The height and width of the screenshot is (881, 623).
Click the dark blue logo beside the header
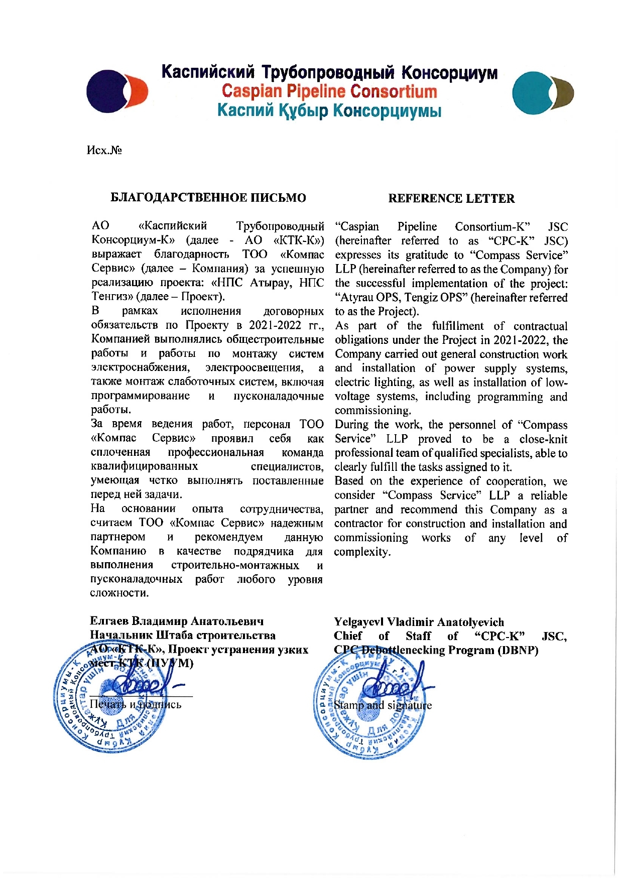(116, 91)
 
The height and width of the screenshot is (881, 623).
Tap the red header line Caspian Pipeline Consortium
(329, 91)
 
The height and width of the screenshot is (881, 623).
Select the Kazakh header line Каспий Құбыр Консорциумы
(329, 110)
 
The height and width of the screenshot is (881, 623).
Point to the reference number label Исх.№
(104, 150)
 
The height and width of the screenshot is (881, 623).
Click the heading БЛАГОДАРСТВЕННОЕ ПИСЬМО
(208, 198)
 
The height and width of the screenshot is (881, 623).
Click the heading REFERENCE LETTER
(451, 198)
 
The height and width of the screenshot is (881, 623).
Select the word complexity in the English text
(362, 552)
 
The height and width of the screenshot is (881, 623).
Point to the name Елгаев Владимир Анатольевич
(177, 621)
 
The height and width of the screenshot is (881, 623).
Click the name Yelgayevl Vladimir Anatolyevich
(419, 622)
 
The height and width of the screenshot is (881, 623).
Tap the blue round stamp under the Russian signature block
(110, 700)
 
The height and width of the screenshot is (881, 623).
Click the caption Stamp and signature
(383, 705)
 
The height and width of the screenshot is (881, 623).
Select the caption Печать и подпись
(136, 704)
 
